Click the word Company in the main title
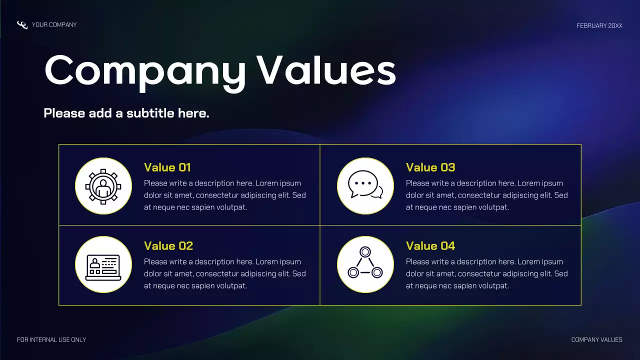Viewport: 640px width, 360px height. [145, 71]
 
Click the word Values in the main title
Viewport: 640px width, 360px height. [326, 70]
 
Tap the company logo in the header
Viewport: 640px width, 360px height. [22, 25]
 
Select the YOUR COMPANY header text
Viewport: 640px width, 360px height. [54, 24]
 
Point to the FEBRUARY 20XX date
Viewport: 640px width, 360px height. [599, 25]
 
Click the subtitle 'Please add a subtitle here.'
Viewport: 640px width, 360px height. [126, 113]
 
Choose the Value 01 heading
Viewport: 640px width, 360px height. [167, 167]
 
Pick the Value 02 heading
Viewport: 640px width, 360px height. [168, 246]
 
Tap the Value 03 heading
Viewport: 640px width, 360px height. [430, 167]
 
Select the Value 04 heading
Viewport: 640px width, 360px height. [430, 246]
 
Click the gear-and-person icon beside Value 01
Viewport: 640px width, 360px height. [103, 186]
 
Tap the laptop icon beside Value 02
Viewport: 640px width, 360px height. [103, 265]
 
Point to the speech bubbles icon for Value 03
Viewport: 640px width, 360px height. [365, 185]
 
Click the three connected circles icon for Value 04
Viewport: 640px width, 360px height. [365, 264]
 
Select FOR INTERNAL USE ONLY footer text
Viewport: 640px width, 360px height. [51, 340]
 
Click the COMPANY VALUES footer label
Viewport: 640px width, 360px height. [596, 340]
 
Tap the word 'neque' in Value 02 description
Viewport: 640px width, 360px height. [165, 286]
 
